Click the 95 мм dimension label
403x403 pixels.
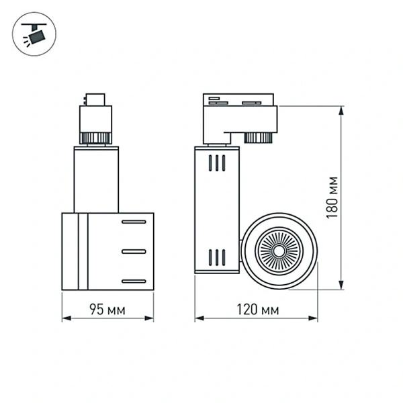(x=107, y=310)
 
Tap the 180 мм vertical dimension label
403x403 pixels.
(x=330, y=196)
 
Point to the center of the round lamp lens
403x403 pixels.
(x=277, y=251)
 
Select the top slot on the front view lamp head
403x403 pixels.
(x=134, y=222)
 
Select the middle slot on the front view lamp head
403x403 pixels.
(x=134, y=251)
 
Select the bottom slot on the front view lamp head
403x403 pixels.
(x=134, y=280)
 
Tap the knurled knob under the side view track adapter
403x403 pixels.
(x=257, y=138)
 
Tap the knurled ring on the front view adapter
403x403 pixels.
(x=95, y=138)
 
